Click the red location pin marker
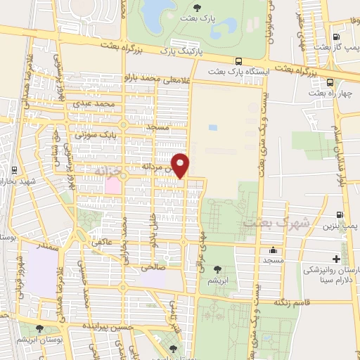point(181,165)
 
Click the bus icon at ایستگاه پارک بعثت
point(240,61)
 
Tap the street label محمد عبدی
point(96,104)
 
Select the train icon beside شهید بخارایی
point(14,169)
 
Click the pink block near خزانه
point(112,185)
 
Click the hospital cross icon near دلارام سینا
point(336,258)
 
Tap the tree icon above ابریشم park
point(217,268)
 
